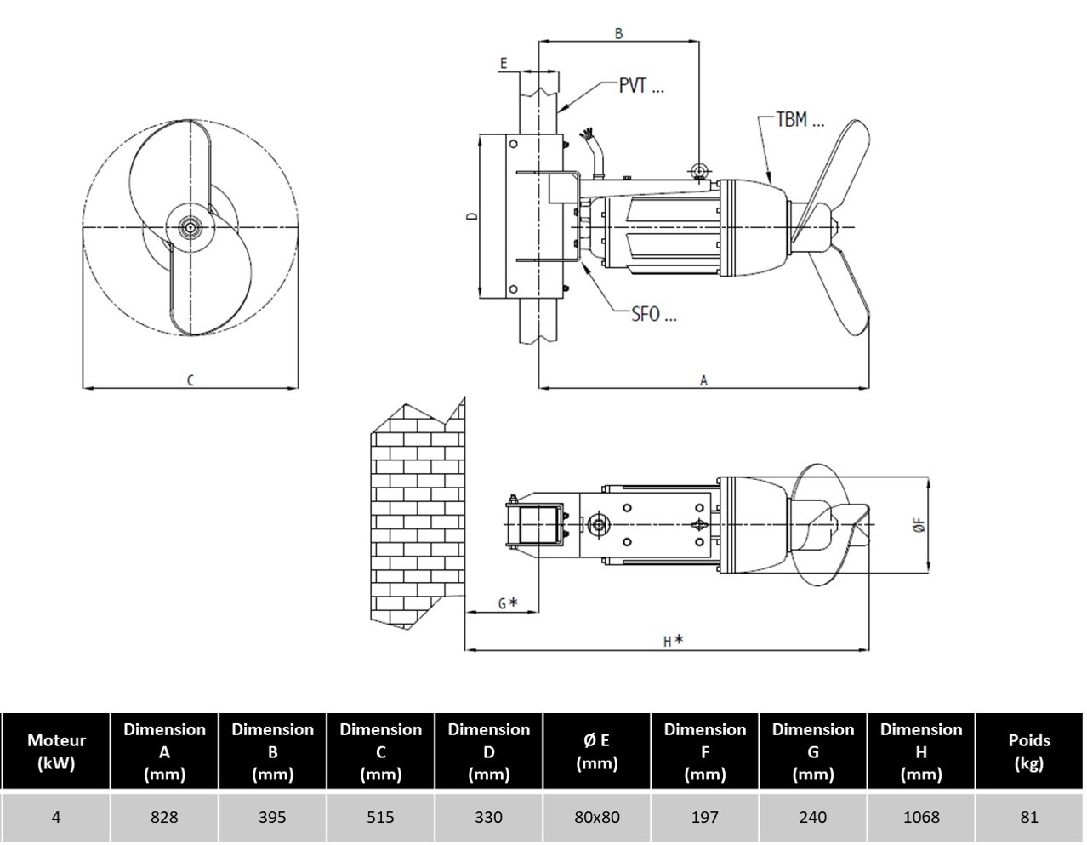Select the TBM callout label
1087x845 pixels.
pyautogui.click(x=800, y=120)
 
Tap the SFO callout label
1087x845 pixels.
pyautogui.click(x=653, y=314)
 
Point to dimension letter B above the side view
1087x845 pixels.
pyautogui.click(x=618, y=33)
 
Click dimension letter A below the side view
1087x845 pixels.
pyautogui.click(x=703, y=380)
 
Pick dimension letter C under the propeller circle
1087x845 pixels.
pyautogui.click(x=190, y=380)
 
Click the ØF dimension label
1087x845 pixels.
pyautogui.click(x=919, y=525)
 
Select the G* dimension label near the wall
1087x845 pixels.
pyautogui.click(x=507, y=603)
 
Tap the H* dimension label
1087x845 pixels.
pyautogui.click(x=673, y=641)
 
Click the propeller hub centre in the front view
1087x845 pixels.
pyautogui.click(x=189, y=227)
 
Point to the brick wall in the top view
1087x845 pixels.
pyautogui.click(x=417, y=519)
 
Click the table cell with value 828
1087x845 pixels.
pyautogui.click(x=164, y=817)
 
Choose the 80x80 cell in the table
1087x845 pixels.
pyautogui.click(x=597, y=817)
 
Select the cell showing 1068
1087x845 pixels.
pyautogui.click(x=921, y=817)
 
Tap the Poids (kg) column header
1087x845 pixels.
pyautogui.click(x=1029, y=751)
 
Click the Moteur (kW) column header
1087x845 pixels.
pyautogui.click(x=56, y=751)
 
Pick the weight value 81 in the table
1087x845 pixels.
pyautogui.click(x=1029, y=817)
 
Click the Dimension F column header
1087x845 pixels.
pyautogui.click(x=705, y=751)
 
